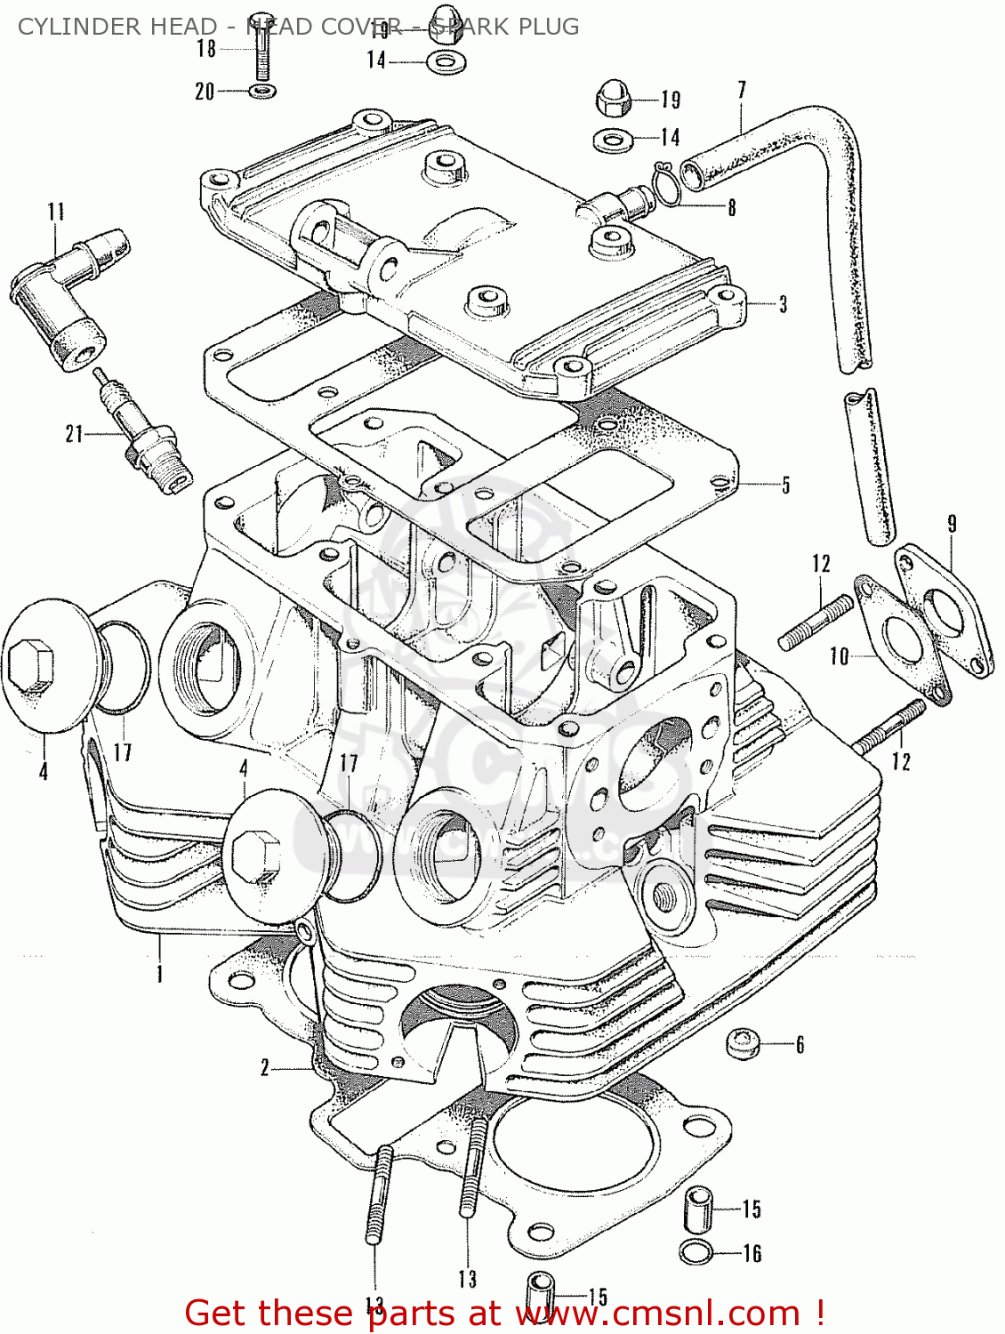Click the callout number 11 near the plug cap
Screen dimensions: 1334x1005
[x=56, y=212]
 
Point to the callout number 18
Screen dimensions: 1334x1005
[x=206, y=49]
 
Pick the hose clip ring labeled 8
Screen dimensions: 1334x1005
[x=667, y=184]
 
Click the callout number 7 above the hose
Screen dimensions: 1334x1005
[x=742, y=91]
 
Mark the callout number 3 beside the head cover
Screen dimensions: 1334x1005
[x=783, y=305]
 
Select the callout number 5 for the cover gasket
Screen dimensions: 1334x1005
[x=785, y=486]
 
